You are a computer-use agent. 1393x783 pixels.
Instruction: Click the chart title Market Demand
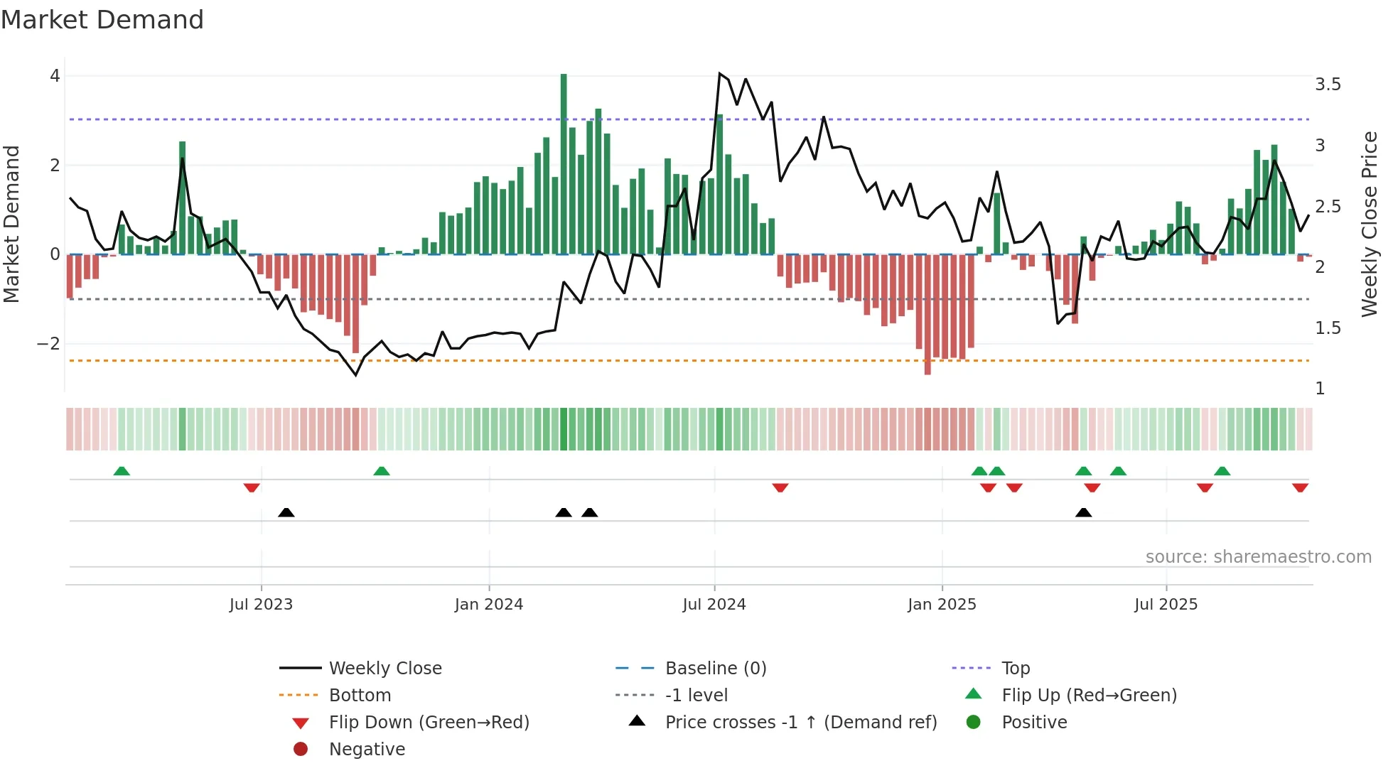tap(102, 20)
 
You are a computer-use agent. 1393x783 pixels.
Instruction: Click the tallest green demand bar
tap(564, 163)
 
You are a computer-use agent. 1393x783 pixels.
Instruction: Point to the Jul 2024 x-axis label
tap(714, 605)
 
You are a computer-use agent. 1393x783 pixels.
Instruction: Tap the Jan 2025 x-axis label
tap(942, 605)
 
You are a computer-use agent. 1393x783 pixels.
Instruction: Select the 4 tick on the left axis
tap(55, 76)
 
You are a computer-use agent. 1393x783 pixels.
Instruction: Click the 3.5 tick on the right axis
tap(1328, 85)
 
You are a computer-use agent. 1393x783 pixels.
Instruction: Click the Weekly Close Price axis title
tap(1369, 224)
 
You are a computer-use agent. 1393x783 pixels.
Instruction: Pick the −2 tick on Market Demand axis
tap(48, 344)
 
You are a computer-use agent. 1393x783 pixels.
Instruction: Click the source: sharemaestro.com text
tap(1258, 557)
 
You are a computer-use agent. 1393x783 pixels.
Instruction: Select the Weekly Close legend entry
tap(384, 669)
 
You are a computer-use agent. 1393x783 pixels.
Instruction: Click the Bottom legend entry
tap(360, 696)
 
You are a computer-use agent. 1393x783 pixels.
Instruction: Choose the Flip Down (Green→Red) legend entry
tap(429, 723)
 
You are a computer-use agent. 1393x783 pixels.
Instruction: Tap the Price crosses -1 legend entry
tap(800, 723)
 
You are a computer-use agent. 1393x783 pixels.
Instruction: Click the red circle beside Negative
tap(301, 750)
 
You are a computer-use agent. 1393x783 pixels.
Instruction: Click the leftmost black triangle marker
tap(286, 512)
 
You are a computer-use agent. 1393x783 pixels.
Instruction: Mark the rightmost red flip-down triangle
tap(1300, 487)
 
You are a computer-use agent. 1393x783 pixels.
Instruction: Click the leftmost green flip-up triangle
tap(122, 470)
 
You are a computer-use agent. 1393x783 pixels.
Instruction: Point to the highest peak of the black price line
tap(720, 73)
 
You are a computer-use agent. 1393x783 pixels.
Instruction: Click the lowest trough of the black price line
tap(356, 375)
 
